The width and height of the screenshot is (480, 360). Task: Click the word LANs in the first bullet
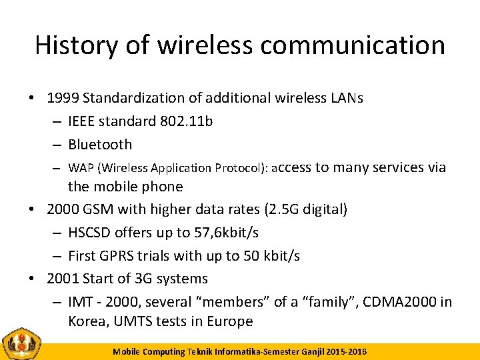(346, 98)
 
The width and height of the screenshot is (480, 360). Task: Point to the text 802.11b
(187, 121)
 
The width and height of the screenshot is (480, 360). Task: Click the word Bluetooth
(100, 144)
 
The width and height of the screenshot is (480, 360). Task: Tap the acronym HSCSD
(90, 233)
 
